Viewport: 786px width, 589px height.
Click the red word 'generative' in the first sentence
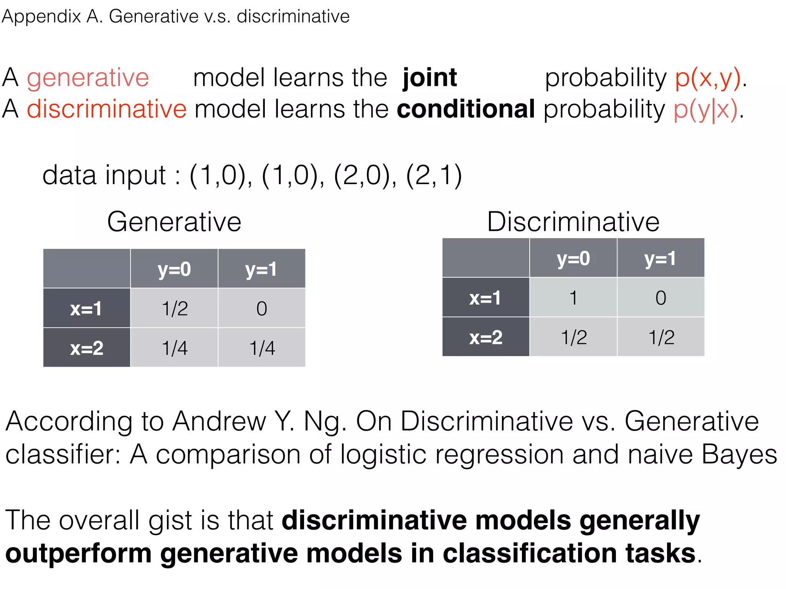tap(88, 78)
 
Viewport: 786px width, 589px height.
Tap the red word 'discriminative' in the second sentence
tap(106, 109)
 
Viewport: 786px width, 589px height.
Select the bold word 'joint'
tap(429, 78)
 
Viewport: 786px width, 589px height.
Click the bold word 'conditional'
tap(466, 109)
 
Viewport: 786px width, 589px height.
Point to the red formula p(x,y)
tap(708, 78)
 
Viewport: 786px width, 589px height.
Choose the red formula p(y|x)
tap(705, 110)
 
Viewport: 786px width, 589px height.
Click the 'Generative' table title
tap(174, 222)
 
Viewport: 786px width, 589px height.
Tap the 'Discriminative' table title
tap(573, 222)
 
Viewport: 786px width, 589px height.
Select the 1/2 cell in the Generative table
tap(175, 308)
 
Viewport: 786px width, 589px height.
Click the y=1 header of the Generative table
tap(261, 269)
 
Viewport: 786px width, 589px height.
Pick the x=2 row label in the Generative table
tap(87, 348)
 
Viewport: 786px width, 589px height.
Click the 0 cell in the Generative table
tap(262, 308)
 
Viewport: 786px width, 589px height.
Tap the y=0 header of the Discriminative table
tap(573, 258)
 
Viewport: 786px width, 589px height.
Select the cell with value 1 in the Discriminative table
tap(573, 298)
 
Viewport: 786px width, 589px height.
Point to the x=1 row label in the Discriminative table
tap(485, 298)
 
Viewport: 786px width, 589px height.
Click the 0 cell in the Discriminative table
tap(661, 298)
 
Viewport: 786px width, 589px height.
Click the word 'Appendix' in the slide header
tap(41, 17)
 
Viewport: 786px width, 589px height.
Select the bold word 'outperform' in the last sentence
tap(78, 553)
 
